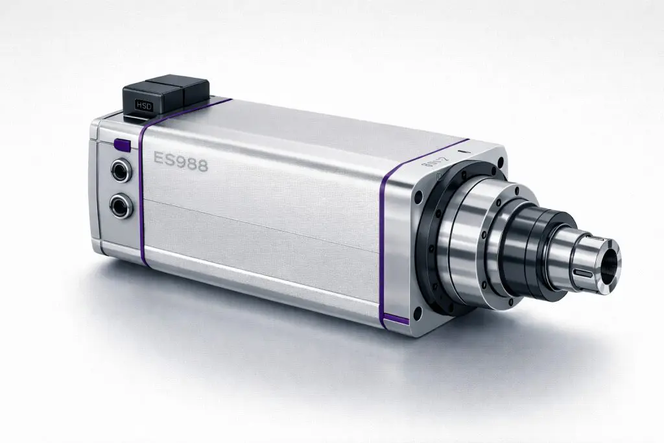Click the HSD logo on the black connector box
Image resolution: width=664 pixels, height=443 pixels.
141,104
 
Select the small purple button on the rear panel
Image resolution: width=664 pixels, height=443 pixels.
121,145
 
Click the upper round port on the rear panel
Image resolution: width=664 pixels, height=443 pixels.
119,172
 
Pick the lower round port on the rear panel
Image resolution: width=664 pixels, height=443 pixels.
119,207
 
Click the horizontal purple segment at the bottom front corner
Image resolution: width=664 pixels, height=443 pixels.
394,319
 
